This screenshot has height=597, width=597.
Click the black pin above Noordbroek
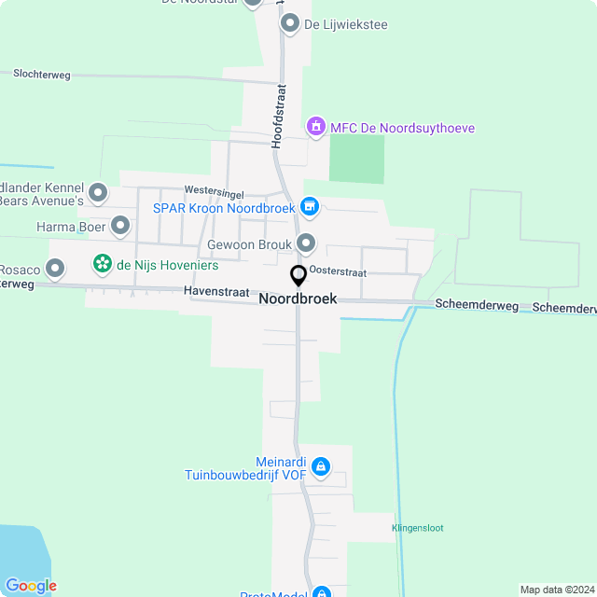(x=298, y=276)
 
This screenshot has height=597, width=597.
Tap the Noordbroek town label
(x=298, y=299)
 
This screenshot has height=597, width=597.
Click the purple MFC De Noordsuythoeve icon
(x=316, y=126)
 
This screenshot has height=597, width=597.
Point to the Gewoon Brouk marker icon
(x=307, y=243)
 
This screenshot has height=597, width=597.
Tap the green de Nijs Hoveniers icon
(x=102, y=264)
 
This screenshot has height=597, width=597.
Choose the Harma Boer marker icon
(x=120, y=226)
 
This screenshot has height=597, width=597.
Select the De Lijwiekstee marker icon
(x=290, y=23)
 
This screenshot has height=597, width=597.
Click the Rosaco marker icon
(x=55, y=270)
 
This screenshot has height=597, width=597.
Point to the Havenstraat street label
(x=216, y=292)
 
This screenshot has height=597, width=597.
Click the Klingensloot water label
(x=417, y=528)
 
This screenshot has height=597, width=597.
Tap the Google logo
(x=30, y=585)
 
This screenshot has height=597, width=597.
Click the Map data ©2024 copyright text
(x=556, y=590)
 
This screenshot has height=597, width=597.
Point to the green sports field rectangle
(x=356, y=159)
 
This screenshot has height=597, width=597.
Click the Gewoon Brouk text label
(x=249, y=244)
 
